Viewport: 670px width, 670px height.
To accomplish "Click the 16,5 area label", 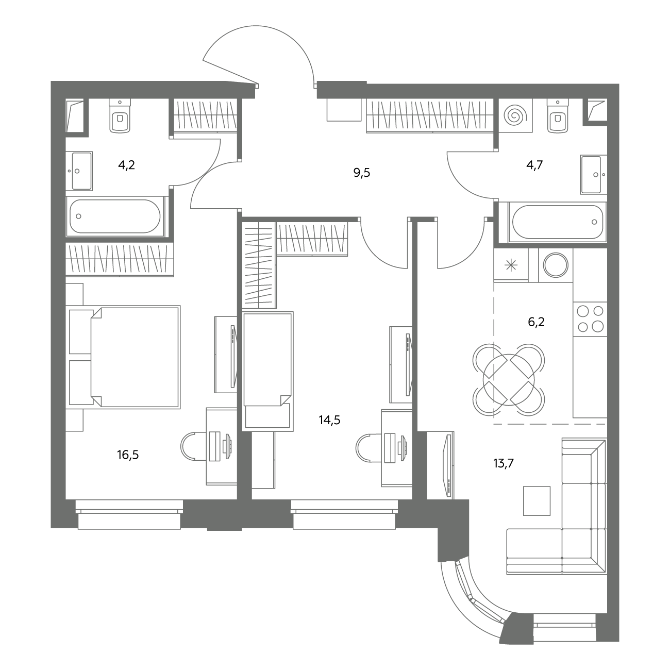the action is click(x=128, y=455).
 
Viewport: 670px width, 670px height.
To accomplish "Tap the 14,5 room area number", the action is click(x=330, y=420).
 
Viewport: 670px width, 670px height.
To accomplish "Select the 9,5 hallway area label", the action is click(x=362, y=173).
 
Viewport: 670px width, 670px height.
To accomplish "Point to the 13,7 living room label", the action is click(x=504, y=463).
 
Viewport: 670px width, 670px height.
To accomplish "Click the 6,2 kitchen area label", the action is click(x=536, y=322).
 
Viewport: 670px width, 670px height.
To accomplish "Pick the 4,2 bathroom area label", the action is click(x=127, y=165).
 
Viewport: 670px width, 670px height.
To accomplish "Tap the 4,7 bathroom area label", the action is click(x=534, y=165).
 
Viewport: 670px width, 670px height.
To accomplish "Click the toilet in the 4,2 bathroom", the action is click(x=120, y=115).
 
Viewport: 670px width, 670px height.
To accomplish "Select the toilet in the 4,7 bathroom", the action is click(x=558, y=115).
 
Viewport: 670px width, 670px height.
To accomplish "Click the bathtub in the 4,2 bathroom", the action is click(x=115, y=216).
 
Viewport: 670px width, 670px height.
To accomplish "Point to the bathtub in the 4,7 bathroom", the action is click(x=557, y=222).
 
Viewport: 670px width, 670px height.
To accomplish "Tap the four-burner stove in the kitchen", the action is click(x=590, y=320).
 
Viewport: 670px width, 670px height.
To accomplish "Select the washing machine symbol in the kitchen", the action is click(x=556, y=265).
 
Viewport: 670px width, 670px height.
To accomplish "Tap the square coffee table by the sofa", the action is click(x=537, y=500).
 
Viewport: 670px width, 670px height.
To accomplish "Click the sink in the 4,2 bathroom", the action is click(x=79, y=171).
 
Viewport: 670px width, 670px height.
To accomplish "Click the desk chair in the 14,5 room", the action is click(x=368, y=447).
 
